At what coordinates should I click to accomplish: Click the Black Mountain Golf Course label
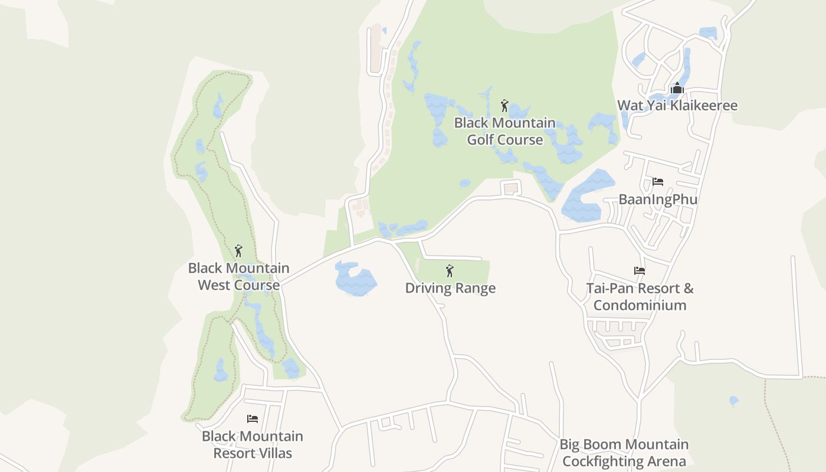[x=504, y=131]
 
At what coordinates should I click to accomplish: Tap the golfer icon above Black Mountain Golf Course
[x=504, y=106]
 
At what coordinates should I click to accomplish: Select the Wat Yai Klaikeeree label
[x=677, y=106]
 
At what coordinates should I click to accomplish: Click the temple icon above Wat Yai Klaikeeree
[x=677, y=88]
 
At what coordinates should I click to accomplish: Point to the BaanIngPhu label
[x=658, y=199]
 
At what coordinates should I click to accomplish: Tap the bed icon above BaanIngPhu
[x=658, y=182]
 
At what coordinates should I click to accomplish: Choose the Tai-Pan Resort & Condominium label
[x=640, y=297]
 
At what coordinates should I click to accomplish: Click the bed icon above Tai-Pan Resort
[x=640, y=271]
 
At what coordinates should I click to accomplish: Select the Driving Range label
[x=450, y=288]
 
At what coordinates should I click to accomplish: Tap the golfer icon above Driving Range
[x=450, y=271]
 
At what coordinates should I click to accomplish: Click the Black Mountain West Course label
[x=238, y=276]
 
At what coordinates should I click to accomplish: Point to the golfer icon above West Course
[x=238, y=251]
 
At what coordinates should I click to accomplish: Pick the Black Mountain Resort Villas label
[x=253, y=444]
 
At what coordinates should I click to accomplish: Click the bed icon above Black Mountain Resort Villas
[x=253, y=419]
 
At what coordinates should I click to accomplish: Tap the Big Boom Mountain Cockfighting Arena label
[x=624, y=453]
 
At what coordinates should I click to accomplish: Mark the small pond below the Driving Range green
[x=734, y=401]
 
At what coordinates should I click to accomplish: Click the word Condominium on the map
[x=640, y=305]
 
